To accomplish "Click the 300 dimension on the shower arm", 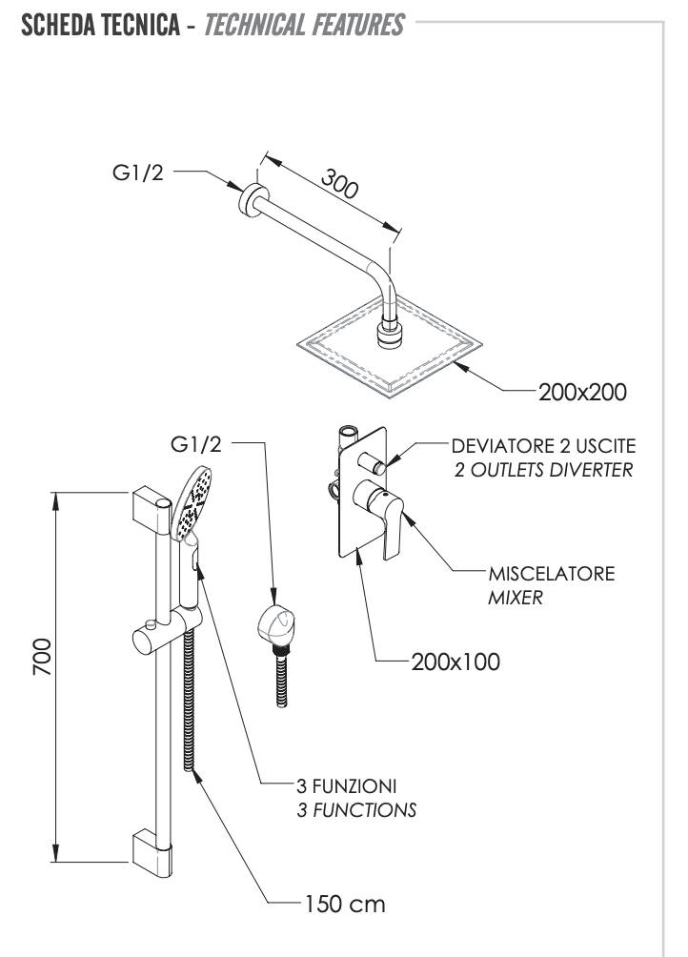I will click(x=338, y=183).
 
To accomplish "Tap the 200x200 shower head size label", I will click(x=582, y=392).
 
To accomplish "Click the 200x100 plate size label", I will click(x=455, y=661).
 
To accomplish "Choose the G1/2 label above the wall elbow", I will click(x=196, y=443).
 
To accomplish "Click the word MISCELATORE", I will click(x=551, y=575).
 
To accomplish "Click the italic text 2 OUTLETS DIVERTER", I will click(x=543, y=471).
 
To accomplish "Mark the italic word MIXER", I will click(x=515, y=599).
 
